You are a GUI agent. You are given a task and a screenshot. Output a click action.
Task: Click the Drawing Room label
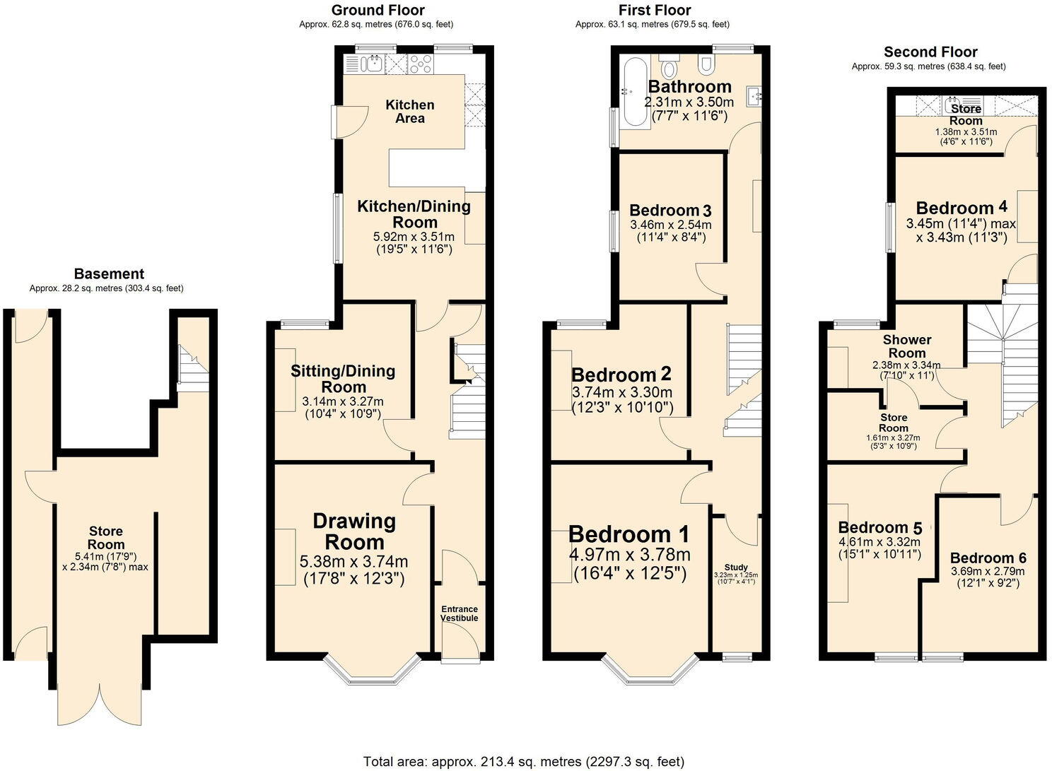(353, 531)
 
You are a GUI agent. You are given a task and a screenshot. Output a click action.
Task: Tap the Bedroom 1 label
(629, 534)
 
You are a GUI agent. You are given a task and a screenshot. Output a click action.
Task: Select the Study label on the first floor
(736, 567)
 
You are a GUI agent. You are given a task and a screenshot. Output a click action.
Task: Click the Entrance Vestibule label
(460, 613)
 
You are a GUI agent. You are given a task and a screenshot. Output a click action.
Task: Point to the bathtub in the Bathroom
(633, 92)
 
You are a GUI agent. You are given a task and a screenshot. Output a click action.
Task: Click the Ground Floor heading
(378, 10)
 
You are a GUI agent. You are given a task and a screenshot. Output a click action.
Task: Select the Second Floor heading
(930, 52)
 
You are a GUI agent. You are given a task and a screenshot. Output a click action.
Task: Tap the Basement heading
(109, 273)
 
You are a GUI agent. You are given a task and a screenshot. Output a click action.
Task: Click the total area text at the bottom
(523, 761)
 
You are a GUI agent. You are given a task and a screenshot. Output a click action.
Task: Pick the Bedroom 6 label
(988, 558)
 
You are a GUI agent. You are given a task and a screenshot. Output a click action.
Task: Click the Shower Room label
(907, 346)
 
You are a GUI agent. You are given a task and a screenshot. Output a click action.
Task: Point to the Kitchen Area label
(410, 111)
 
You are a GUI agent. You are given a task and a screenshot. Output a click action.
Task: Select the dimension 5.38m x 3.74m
(353, 562)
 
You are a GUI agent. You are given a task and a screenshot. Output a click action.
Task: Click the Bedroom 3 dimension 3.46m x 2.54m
(670, 225)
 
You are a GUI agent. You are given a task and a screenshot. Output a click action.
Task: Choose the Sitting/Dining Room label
(343, 379)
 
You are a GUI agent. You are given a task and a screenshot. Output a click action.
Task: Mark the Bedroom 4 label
(962, 208)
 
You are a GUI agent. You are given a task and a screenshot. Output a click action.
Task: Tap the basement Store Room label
(106, 537)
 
